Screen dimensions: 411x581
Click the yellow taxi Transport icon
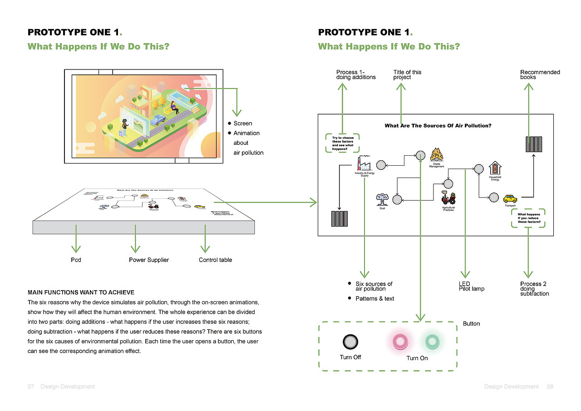[510, 198]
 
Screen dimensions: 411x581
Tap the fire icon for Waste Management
[437, 155]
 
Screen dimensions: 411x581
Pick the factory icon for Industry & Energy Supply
[364, 163]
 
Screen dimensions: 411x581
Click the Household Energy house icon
[495, 168]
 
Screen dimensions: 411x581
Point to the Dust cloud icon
[382, 199]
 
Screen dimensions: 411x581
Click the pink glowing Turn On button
[400, 341]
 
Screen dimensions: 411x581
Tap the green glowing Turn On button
[431, 341]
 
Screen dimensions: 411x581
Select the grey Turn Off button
[350, 342]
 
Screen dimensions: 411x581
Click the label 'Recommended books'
[540, 74]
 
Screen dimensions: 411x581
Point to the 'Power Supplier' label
[148, 260]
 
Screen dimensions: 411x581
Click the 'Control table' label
[215, 260]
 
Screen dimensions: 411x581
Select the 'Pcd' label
[76, 260]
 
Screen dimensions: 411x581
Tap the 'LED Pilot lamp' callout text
[472, 286]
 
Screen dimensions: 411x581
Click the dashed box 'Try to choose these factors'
[343, 143]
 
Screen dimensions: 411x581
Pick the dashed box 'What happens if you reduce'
[528, 218]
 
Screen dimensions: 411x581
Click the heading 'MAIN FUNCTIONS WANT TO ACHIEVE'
[81, 292]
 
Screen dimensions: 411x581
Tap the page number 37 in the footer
[31, 386]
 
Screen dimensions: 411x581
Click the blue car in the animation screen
[158, 119]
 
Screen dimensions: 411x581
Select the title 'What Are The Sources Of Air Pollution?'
[438, 126]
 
